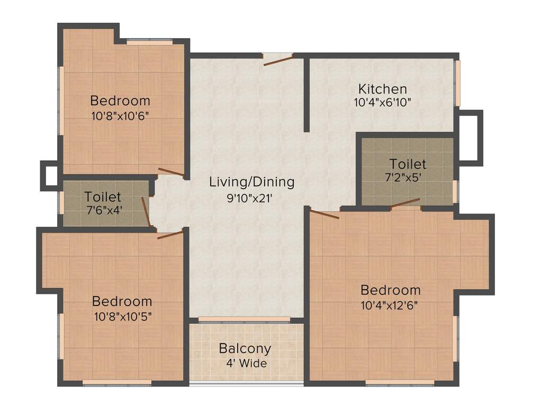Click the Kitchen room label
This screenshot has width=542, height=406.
382,89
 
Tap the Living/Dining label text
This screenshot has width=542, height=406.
251,182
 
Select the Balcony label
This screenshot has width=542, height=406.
245,349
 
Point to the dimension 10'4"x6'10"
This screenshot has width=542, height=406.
382,103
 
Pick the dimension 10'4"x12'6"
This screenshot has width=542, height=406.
391,305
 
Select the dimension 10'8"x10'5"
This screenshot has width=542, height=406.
122,316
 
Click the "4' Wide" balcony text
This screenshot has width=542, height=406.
245,364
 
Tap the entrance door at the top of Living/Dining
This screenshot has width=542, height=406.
278,60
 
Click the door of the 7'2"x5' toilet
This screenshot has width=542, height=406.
405,204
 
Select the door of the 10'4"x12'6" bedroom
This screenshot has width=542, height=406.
324,214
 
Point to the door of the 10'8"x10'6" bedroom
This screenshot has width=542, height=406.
171,172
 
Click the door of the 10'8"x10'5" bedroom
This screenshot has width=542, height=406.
170,234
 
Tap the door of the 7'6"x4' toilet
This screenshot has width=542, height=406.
146,212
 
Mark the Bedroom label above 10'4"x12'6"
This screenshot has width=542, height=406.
391,290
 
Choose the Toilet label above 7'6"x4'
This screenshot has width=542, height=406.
103,197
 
